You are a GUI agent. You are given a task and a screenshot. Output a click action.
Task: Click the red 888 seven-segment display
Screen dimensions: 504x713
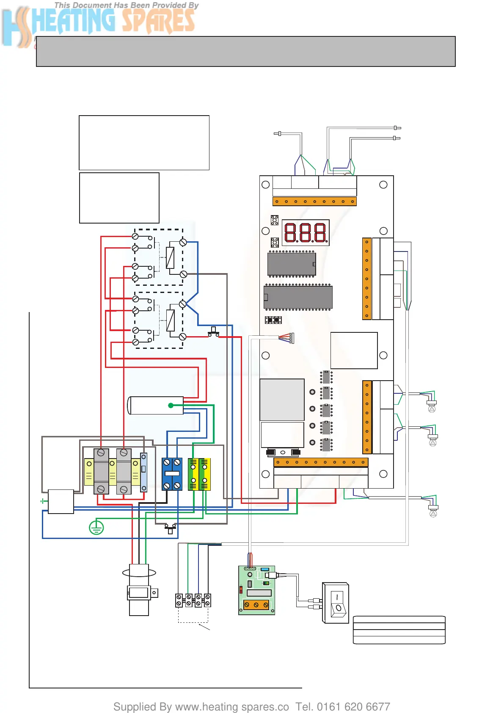click(x=306, y=232)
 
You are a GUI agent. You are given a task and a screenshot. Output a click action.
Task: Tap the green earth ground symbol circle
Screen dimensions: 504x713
click(x=96, y=528)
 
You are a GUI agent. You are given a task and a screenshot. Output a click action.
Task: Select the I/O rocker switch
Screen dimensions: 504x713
click(x=337, y=603)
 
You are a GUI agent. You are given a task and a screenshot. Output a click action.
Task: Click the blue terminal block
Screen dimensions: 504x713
click(x=172, y=474)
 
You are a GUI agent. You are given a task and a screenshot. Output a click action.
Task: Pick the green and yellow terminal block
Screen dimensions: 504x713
click(x=199, y=474)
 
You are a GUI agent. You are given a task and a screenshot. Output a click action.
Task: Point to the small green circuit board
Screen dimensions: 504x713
click(x=257, y=590)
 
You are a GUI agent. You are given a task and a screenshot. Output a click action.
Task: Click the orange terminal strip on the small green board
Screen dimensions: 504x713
click(x=256, y=605)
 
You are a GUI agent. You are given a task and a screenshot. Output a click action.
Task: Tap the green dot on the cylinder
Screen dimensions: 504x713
click(x=171, y=405)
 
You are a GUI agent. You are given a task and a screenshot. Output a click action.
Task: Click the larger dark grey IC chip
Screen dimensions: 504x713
click(x=298, y=297)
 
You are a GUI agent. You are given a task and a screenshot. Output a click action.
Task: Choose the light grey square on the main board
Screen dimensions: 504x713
click(x=282, y=399)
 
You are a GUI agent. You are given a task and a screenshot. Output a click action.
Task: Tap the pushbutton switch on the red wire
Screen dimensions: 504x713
click(x=214, y=332)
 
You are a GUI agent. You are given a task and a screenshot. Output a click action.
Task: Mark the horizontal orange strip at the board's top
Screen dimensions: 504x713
click(x=314, y=202)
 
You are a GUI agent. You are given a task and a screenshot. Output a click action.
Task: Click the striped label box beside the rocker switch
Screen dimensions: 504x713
click(x=399, y=630)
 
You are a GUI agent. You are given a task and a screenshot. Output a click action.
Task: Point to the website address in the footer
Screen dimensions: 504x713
click(x=232, y=707)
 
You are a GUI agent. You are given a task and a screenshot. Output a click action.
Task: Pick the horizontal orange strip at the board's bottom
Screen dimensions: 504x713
click(x=321, y=462)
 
